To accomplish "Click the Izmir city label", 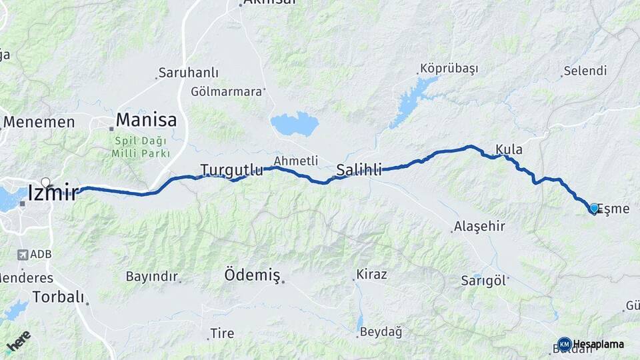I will point(53,193).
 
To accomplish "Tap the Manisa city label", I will point(146,120).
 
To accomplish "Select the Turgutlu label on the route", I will point(231,170).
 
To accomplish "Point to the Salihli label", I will point(359,170).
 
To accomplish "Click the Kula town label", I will point(509,149).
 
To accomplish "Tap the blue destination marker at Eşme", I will point(594,208).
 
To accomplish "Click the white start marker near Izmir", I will point(45,182).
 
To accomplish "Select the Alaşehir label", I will point(479,227).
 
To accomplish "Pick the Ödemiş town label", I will point(252,274).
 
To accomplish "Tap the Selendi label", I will point(585,71).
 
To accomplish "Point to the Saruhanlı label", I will point(179,73).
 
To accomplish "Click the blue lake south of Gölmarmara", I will point(294,123).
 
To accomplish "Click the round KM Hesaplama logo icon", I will point(564,344).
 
